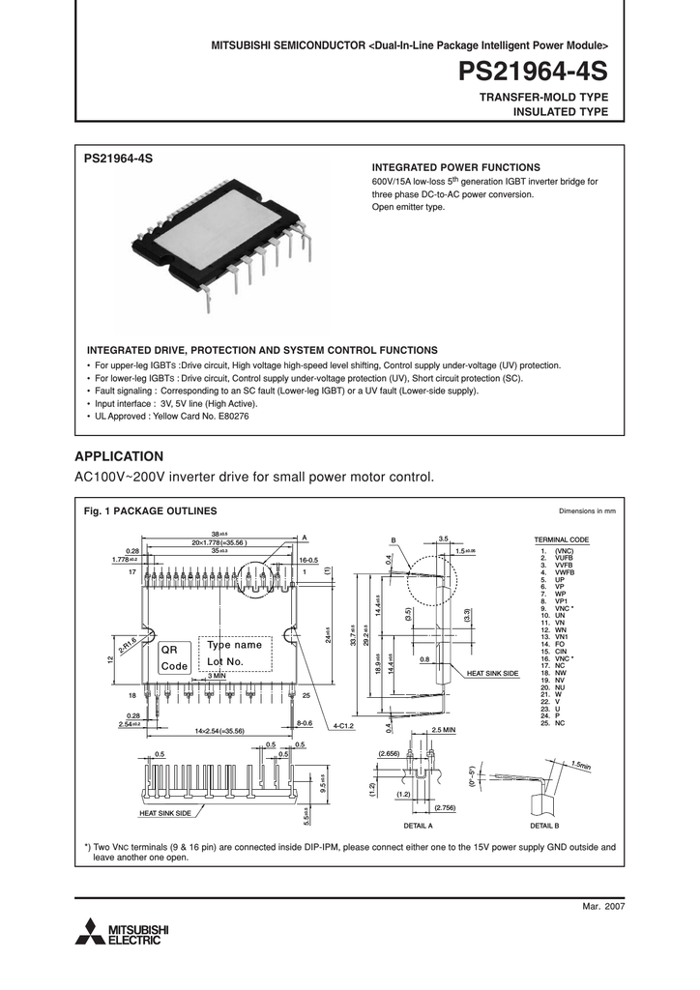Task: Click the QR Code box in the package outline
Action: pos(174,657)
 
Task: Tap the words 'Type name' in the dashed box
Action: pos(235,645)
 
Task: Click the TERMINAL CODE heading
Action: pos(562,539)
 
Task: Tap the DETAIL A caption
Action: pos(418,827)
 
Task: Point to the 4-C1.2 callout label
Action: pos(344,724)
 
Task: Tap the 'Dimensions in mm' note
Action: pos(587,510)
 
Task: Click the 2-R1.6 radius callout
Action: pos(128,645)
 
